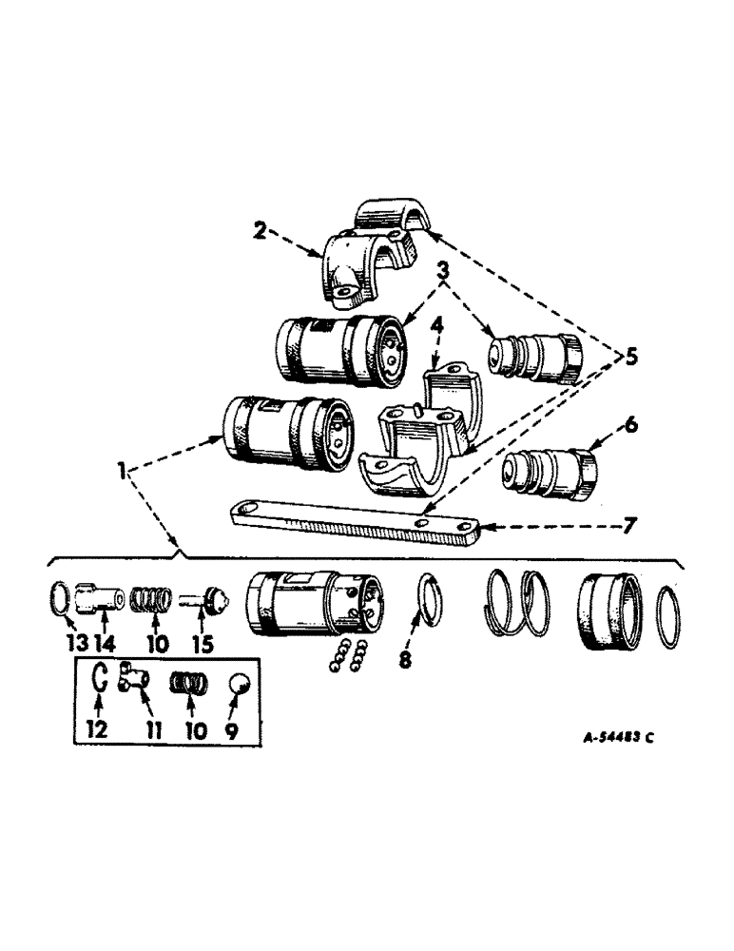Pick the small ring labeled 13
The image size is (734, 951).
point(59,600)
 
